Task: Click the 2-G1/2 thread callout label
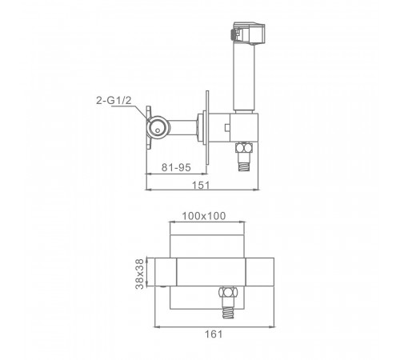point(114,101)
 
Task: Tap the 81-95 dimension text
point(176,167)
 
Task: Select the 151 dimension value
point(201,185)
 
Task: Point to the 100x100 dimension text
point(204,216)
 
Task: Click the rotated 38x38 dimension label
point(139,274)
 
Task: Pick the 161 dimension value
point(214,334)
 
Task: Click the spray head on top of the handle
point(249,33)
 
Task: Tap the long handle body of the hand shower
point(244,77)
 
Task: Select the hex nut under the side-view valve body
point(244,147)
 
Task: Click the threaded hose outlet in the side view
point(244,162)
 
